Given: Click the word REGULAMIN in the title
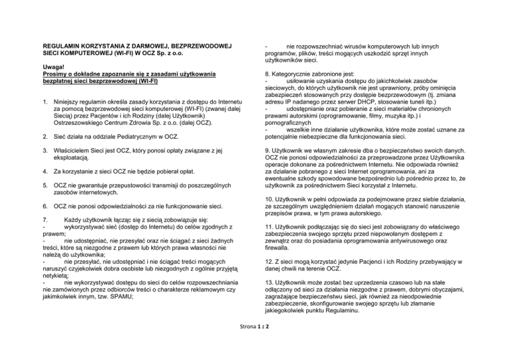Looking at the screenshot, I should tap(60, 46).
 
